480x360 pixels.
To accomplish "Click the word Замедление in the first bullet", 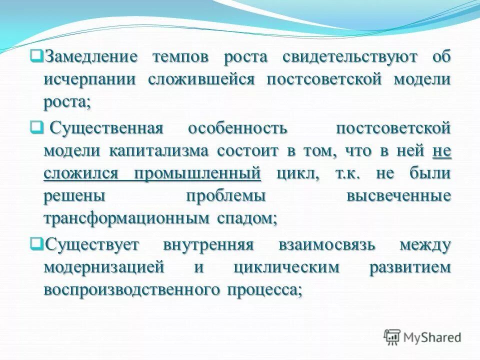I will click(x=91, y=56).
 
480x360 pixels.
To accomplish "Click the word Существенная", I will click(x=107, y=127).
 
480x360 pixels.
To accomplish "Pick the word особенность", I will click(x=237, y=127).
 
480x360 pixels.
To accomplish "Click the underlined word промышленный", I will click(x=197, y=173).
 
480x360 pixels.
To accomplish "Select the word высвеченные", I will click(x=398, y=196).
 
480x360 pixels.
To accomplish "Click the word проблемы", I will click(x=225, y=196).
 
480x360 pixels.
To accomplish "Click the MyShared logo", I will click(x=422, y=337).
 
